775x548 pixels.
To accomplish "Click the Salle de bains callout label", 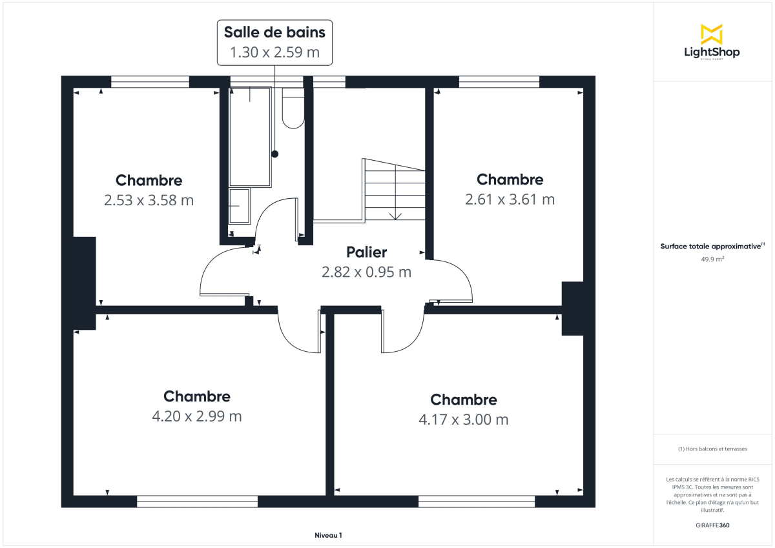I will pos(274,32).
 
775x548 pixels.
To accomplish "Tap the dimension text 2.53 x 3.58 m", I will pos(149,201).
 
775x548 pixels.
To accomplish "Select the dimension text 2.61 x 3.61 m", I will pos(510,199).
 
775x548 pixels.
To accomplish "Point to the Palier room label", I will pos(366,252).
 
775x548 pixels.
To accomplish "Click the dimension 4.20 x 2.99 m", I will pos(196,416).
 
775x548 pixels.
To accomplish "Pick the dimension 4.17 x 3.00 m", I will pos(463,420).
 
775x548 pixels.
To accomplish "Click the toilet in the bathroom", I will pos(293,109).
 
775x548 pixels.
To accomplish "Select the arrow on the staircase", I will pos(395,215).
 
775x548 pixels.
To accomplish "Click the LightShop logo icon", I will pos(711,34).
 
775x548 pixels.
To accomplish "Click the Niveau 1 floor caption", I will pos(328,535).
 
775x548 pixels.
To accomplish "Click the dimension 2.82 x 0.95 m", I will pos(366,272).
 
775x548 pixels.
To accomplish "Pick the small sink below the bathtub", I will pos(240,206).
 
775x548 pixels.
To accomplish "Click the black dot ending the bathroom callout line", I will pos(274,154).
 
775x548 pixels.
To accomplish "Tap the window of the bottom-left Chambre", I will pos(197,501).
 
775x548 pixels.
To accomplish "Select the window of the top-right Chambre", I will pos(499,81).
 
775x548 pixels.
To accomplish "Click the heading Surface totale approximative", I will pos(710,246).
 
